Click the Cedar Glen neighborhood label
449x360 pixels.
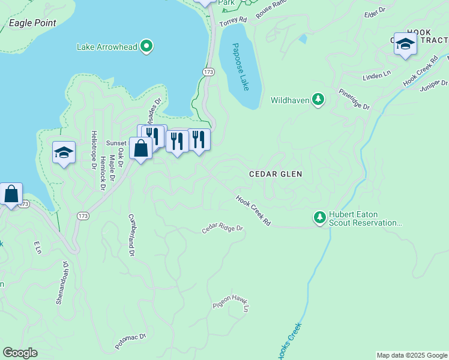point(276,173)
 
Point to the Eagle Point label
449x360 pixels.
point(32,23)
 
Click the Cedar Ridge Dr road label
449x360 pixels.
point(222,229)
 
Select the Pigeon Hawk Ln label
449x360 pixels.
point(231,305)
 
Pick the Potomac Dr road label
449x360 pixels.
point(131,342)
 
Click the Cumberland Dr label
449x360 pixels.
point(130,235)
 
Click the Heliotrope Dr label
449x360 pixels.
point(94,150)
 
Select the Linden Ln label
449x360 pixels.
point(376,76)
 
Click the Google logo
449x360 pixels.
point(20,353)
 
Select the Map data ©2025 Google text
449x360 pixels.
point(412,355)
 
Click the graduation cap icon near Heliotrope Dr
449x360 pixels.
point(63,152)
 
